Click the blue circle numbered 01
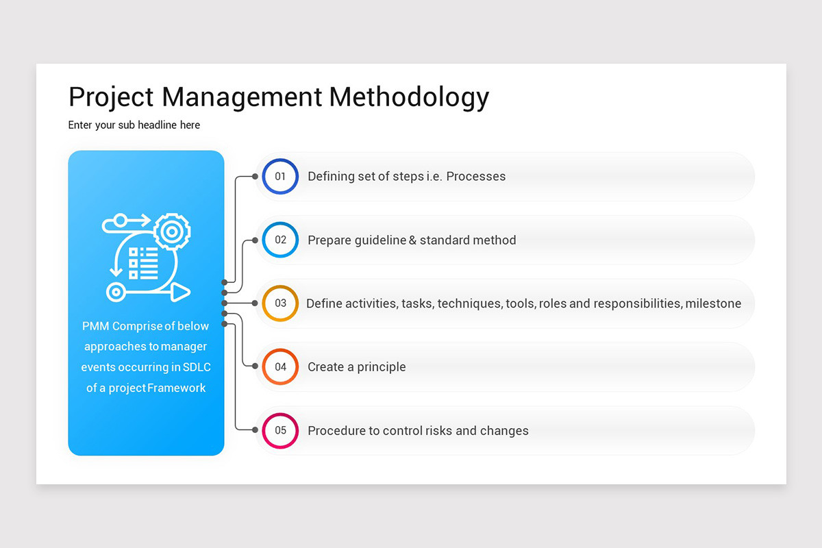click(280, 177)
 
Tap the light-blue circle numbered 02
click(280, 240)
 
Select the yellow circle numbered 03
click(280, 303)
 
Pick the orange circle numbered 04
click(280, 367)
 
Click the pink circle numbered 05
click(280, 431)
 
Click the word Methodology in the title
click(409, 97)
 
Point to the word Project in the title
click(112, 97)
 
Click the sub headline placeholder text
click(134, 125)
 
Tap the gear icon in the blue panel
click(171, 232)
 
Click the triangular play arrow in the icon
click(179, 292)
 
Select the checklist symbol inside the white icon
click(144, 263)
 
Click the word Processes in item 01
click(475, 177)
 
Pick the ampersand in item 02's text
click(412, 240)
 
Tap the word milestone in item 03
click(713, 303)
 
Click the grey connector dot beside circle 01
click(255, 177)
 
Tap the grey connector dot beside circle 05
click(255, 430)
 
